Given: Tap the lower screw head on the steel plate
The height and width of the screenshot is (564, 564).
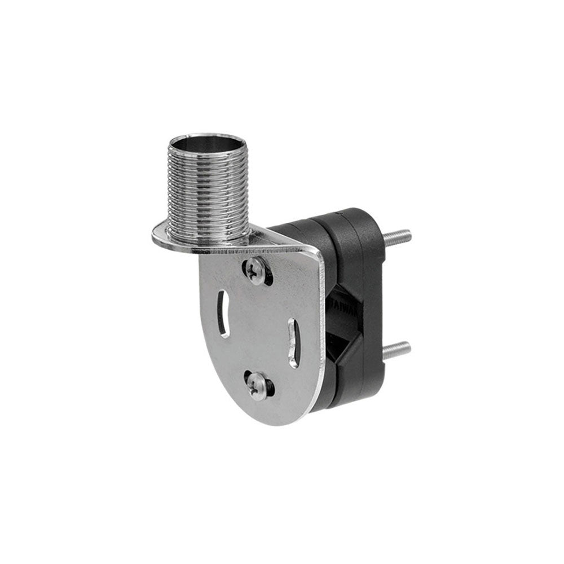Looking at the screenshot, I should [x=258, y=389].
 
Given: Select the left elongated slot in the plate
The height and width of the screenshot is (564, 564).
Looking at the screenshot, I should [x=223, y=314].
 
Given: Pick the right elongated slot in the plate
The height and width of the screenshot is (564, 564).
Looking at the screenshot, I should [x=293, y=342].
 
